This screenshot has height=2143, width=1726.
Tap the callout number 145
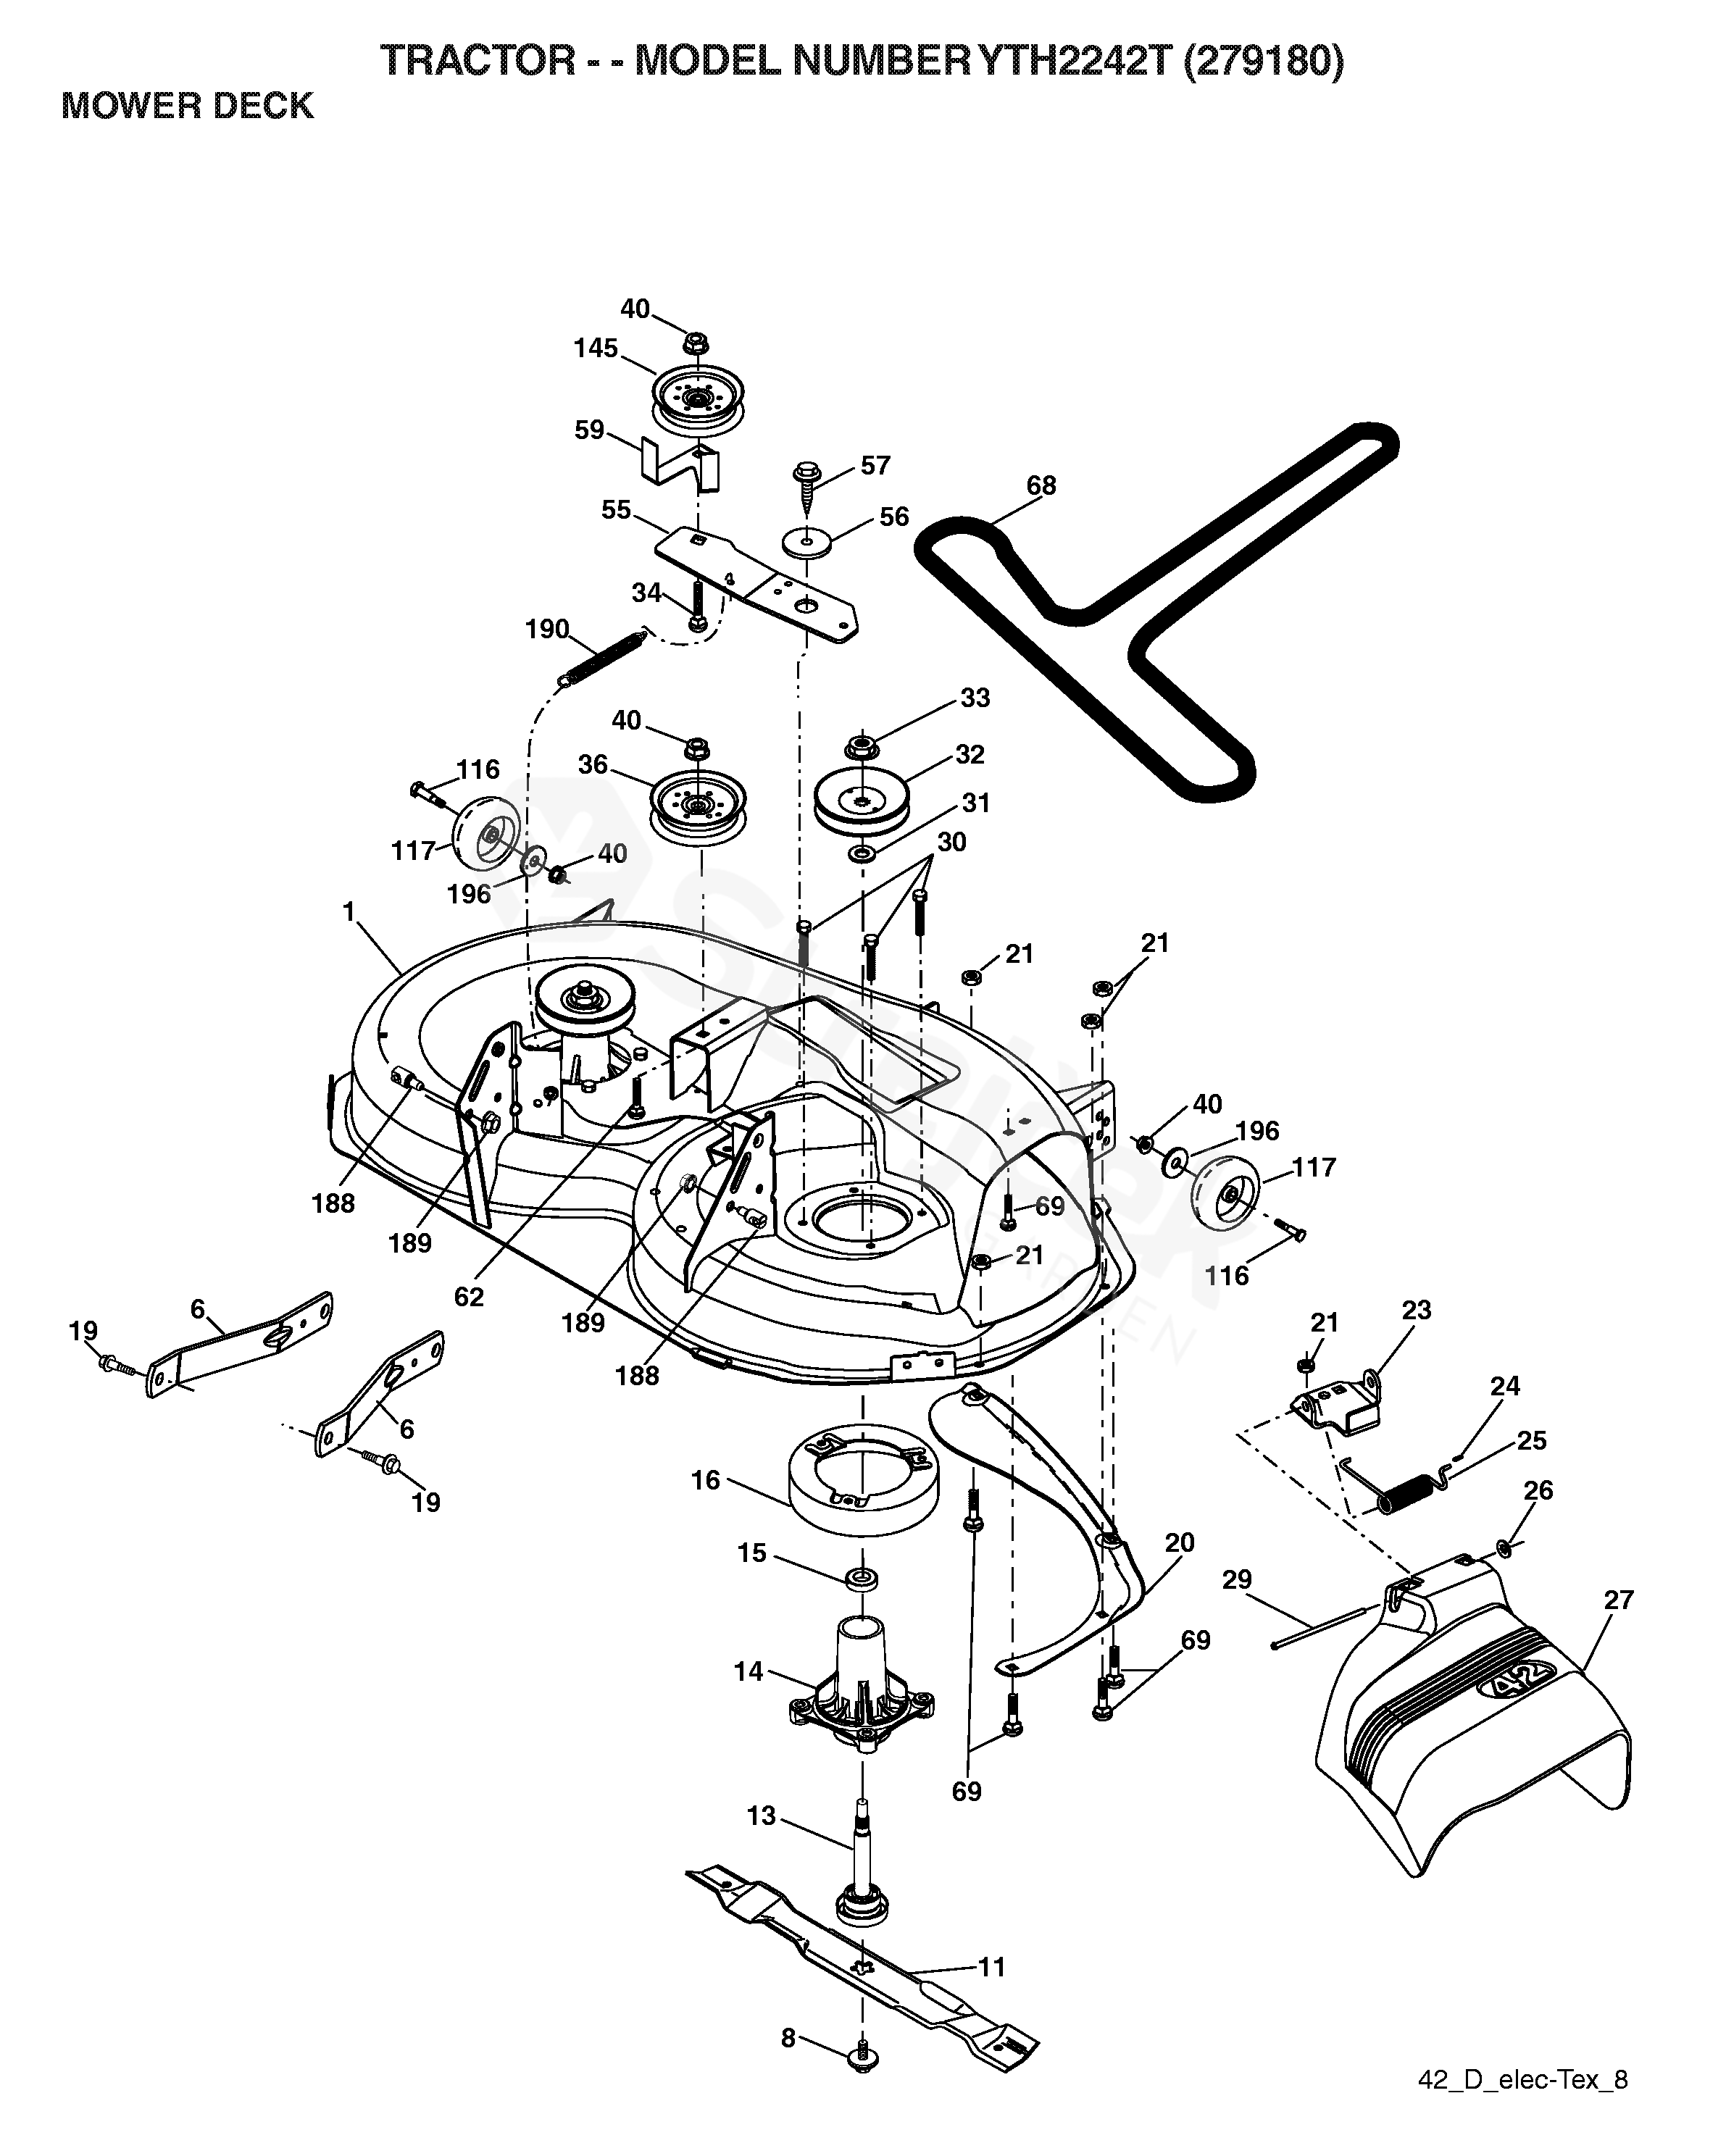(596, 348)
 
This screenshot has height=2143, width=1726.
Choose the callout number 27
(1619, 1600)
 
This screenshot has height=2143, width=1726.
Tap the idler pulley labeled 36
(698, 802)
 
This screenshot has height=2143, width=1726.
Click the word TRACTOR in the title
(478, 62)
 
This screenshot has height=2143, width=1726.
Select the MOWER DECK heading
(188, 105)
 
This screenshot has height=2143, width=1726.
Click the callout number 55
(617, 510)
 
